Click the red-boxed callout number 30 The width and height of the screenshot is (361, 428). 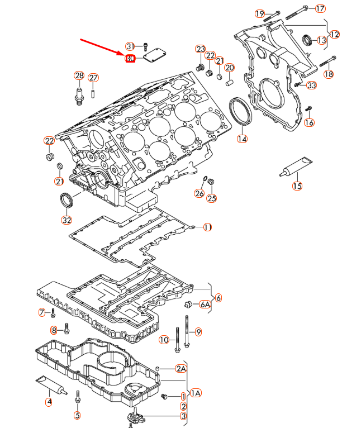point(130,58)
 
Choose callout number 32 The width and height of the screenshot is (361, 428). point(66,219)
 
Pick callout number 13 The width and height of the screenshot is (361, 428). point(321,40)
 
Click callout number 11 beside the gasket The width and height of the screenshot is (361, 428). point(207,227)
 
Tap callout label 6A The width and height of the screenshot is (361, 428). point(205,304)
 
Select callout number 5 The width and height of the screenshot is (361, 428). point(77,415)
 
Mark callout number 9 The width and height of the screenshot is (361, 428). point(198,332)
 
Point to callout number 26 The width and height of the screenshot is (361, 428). point(199,193)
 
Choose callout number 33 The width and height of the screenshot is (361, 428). point(312,85)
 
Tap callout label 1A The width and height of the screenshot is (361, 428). point(196,393)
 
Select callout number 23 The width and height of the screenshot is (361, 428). point(200,50)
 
